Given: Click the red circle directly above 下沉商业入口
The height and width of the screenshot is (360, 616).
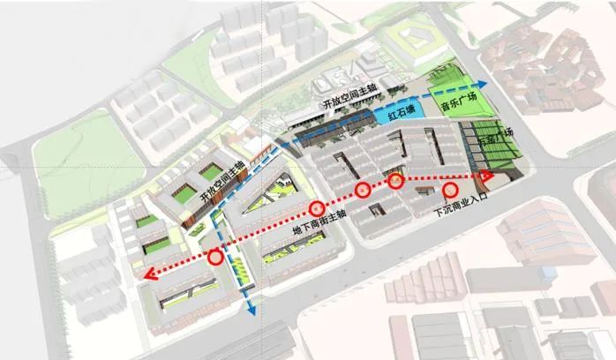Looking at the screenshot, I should pos(449,190).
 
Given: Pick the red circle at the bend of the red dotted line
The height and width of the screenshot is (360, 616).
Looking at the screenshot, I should pos(394,182).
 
